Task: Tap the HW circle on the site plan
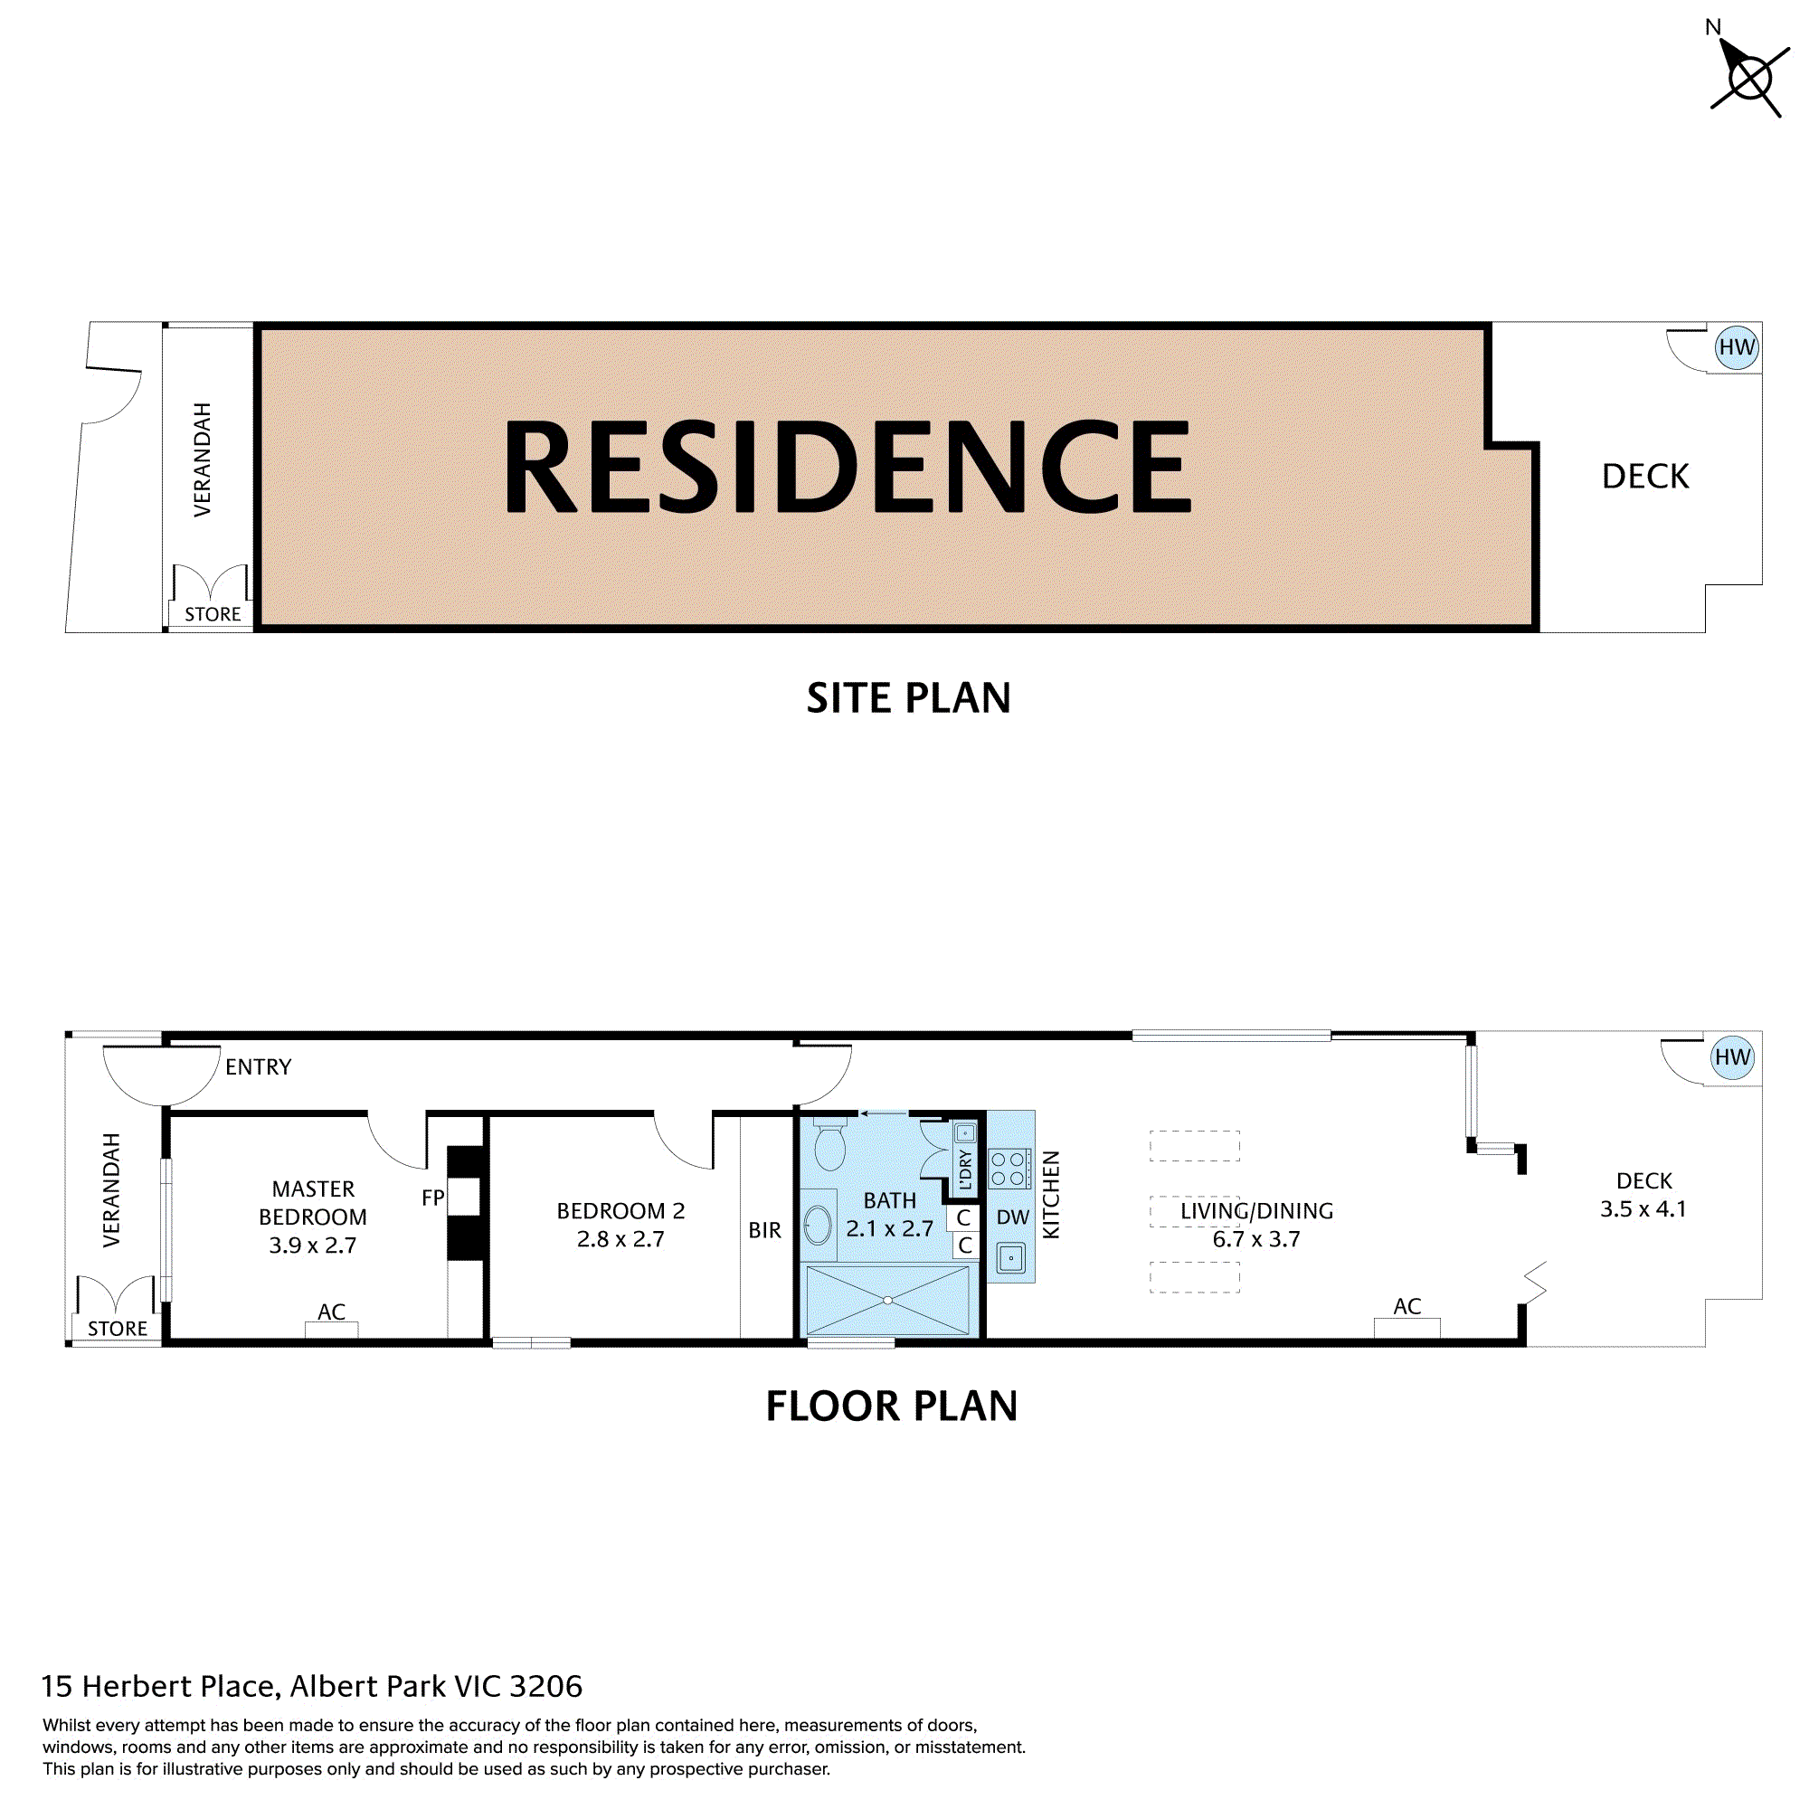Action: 1736,347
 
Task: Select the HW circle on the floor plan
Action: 1731,1057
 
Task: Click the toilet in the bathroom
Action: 829,1144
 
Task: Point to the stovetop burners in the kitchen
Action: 1009,1169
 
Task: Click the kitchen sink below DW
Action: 1011,1257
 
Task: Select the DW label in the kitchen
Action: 1012,1217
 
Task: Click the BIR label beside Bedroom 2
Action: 764,1230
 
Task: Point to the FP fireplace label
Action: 432,1198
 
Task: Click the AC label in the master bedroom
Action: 331,1312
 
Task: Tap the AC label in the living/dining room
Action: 1406,1306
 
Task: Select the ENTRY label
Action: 259,1067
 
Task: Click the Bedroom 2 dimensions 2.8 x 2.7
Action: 620,1240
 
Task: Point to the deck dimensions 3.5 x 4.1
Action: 1643,1208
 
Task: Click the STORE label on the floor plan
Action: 117,1329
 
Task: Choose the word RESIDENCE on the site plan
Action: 848,467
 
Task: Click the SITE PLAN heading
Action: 908,698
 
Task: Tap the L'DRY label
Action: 965,1169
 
